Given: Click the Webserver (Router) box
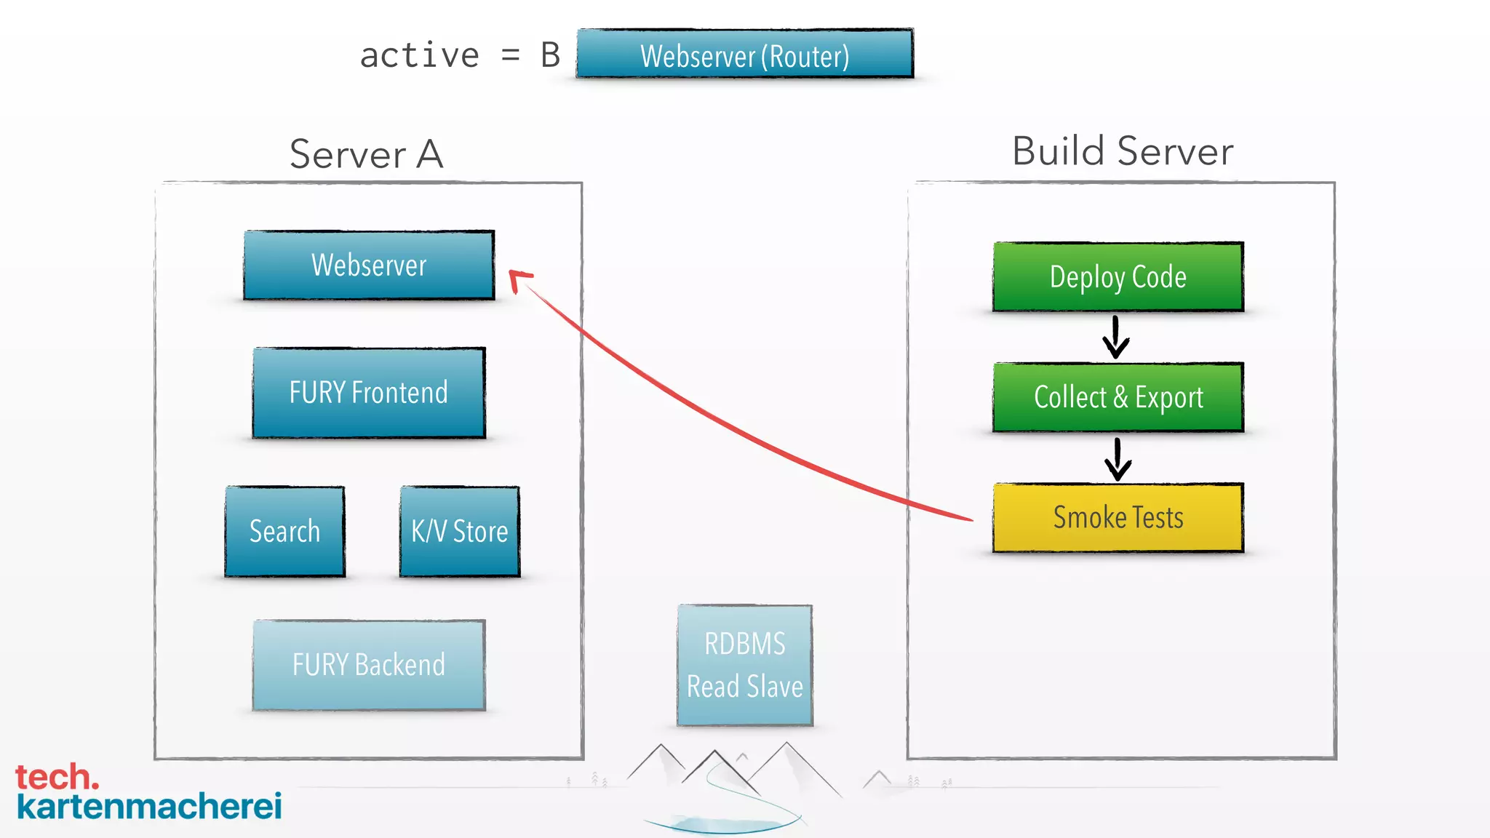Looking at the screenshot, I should pos(744,55).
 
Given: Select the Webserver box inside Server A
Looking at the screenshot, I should pos(369,266).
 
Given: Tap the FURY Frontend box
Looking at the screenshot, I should pos(369,393).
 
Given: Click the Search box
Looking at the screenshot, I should pos(284,532).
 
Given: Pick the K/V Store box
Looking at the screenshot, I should pos(460,532).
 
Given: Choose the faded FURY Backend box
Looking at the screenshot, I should pos(369,665).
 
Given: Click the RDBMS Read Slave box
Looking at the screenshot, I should pos(744,665).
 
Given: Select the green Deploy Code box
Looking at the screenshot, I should pos(1117,277).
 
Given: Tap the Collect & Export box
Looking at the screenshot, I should pos(1117,397).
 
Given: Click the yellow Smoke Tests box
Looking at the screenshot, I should pos(1117,518).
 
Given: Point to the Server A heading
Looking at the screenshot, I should pos(366,154).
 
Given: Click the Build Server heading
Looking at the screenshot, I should pos(1123,151).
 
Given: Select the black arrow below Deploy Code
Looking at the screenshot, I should pos(1115,338).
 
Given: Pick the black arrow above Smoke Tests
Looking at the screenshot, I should pos(1117,459).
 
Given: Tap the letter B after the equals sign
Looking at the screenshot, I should pos(550,56).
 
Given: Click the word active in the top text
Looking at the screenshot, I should pos(420,56).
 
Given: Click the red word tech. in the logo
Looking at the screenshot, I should pos(57,777).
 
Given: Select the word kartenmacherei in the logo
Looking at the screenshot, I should pos(149,807).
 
